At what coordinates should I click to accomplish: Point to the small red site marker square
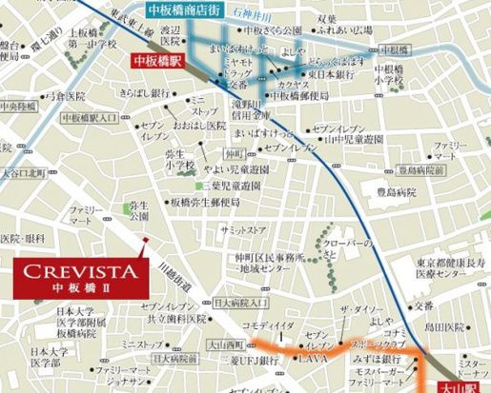pyautogui.click(x=144, y=239)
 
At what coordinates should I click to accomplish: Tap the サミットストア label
pyautogui.click(x=244, y=230)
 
